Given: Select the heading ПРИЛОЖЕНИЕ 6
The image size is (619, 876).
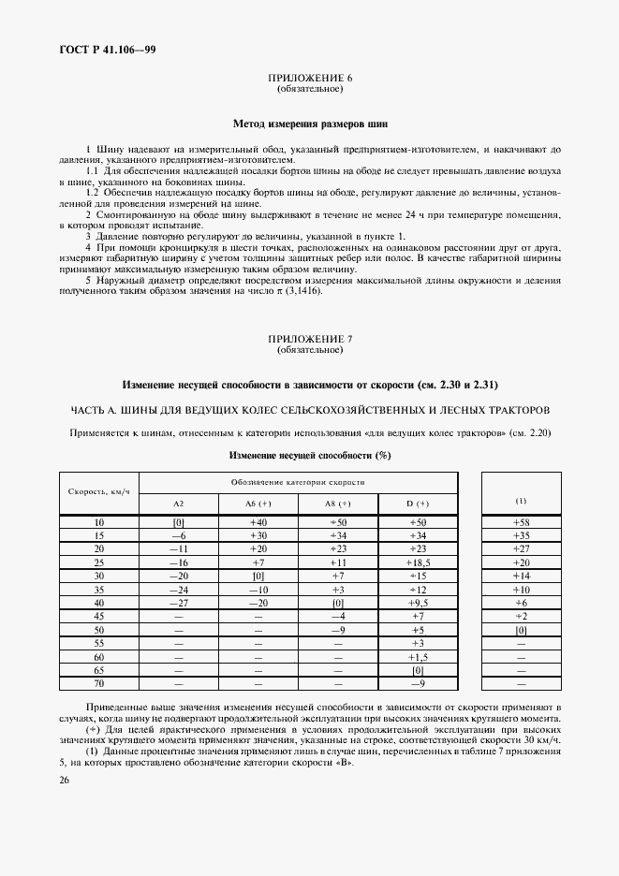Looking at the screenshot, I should point(309,80).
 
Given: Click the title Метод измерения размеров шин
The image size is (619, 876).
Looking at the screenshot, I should point(309,123).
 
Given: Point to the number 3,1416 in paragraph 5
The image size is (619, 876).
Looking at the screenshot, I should point(304,291).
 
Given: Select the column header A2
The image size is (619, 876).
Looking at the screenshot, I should point(179,503).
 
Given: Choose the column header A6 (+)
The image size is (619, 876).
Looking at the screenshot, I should point(258,503).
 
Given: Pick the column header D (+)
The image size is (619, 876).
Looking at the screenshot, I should point(418,503).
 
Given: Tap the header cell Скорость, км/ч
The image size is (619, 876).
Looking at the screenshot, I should point(99,490).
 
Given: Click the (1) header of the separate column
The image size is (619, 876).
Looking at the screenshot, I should point(522,501).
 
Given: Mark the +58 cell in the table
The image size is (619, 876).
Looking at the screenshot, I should point(522,521).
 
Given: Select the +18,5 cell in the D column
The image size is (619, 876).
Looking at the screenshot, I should point(418,562).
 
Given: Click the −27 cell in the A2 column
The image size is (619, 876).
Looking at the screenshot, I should point(179,604).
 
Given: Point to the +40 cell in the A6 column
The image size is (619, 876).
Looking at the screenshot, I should point(258,521).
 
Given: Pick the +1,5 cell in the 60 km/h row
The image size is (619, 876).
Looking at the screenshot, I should point(418,658).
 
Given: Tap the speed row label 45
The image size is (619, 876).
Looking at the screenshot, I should point(99,617).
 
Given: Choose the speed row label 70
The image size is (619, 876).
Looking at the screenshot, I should point(99,685).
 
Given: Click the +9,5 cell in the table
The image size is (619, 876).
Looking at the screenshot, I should point(418,604).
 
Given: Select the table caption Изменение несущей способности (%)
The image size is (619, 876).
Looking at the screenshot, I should point(309,456).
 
